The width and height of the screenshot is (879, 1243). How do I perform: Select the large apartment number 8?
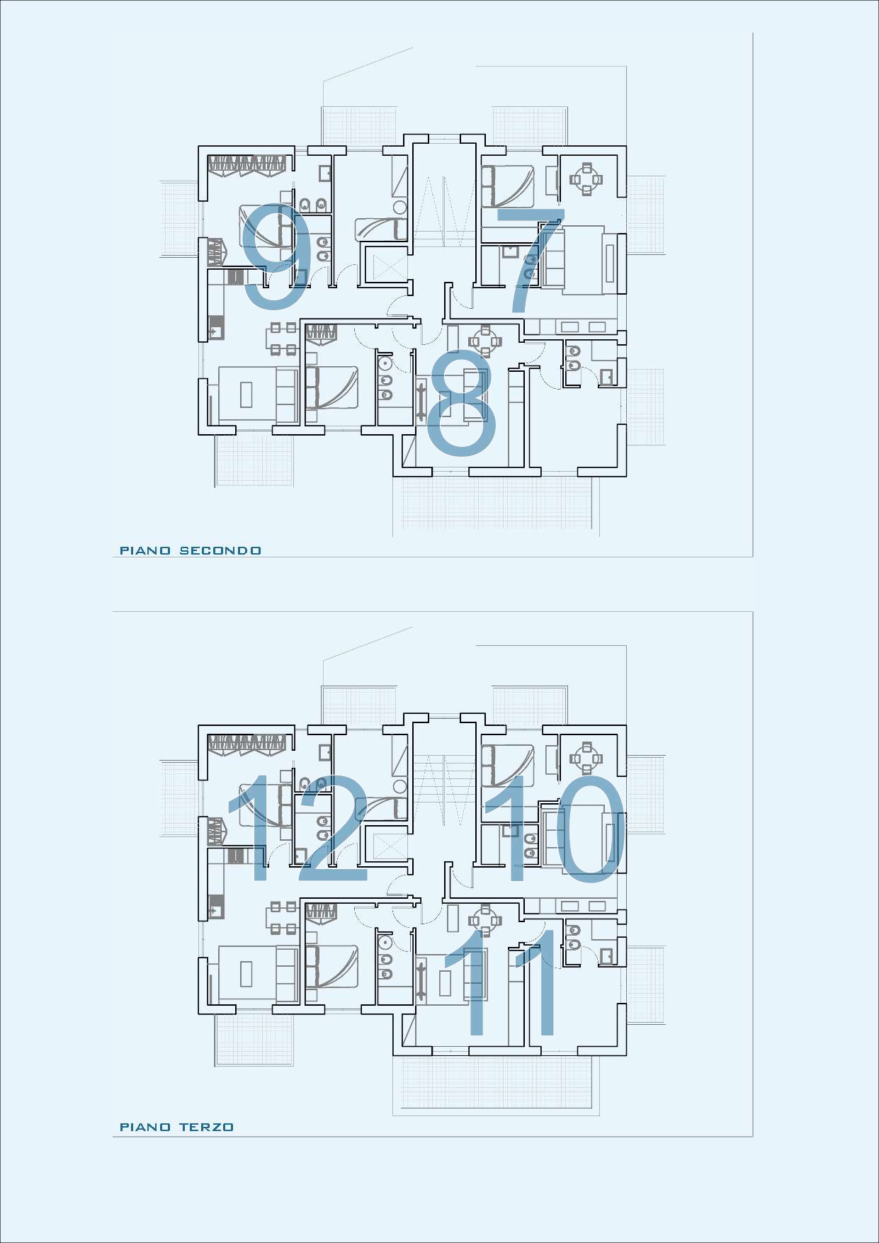(462, 402)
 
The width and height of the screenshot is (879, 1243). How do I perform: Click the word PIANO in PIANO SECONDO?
(145, 550)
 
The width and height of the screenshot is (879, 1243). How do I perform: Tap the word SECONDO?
(220, 550)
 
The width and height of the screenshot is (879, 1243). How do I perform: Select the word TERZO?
(206, 1127)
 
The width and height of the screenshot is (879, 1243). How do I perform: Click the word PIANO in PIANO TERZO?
(145, 1127)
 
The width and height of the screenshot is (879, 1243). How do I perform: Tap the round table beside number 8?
(485, 341)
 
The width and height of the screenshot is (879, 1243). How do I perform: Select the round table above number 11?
(485, 920)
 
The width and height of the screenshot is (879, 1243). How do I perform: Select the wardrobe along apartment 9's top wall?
(246, 164)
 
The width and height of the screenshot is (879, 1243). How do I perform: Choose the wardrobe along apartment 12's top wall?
(246, 744)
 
